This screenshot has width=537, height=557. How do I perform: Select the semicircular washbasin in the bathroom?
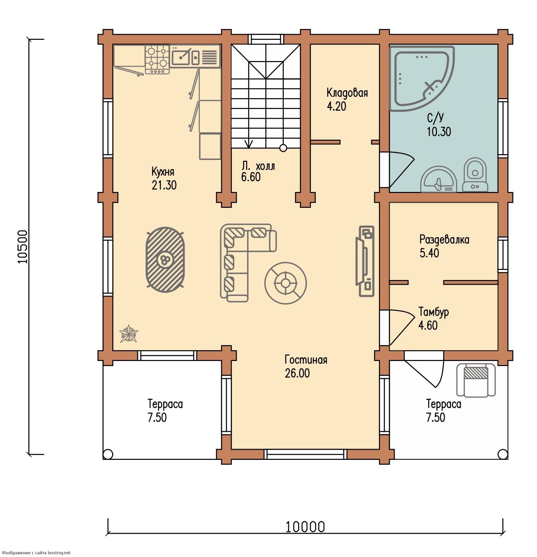[x=438, y=179]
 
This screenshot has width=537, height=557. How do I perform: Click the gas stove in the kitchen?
[x=157, y=60]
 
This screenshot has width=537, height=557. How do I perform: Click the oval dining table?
[x=165, y=259]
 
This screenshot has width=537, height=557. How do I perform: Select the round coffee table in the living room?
[x=286, y=283]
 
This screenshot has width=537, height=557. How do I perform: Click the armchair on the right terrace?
[x=476, y=380]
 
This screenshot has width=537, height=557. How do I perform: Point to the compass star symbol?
[x=129, y=334]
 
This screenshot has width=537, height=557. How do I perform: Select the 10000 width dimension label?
[x=305, y=526]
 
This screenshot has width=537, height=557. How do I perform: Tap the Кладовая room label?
[x=347, y=92]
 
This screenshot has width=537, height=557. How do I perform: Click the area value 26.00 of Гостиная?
[x=297, y=373]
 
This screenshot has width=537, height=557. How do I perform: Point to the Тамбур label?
[x=434, y=312]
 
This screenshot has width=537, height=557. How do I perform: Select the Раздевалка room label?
[x=444, y=240]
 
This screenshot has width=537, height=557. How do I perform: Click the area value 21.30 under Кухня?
[x=164, y=185]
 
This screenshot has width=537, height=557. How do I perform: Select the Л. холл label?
[x=258, y=166]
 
